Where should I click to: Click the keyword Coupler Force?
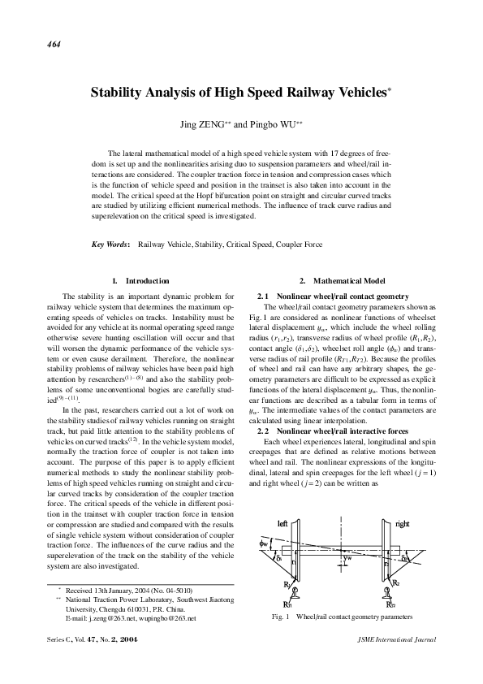[x=299, y=244]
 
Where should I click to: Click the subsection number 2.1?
[x=262, y=296]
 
